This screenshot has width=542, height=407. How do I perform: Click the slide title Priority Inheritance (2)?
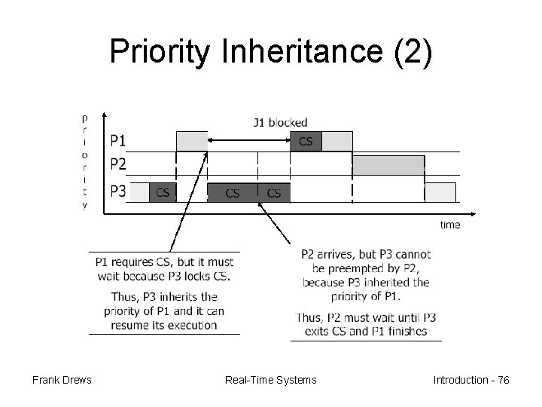(271, 52)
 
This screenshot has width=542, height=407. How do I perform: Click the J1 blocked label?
(280, 122)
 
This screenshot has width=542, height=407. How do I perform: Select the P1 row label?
(118, 141)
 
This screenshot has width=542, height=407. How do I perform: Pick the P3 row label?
(118, 191)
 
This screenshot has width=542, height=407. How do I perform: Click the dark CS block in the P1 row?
(306, 141)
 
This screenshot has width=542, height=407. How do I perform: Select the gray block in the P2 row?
(388, 165)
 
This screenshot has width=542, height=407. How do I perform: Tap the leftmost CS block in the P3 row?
(163, 192)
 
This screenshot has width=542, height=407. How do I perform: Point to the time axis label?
(449, 225)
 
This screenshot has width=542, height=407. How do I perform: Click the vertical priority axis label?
(84, 161)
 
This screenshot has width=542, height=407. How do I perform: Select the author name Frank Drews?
(62, 380)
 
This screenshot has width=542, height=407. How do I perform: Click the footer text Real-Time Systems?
(271, 380)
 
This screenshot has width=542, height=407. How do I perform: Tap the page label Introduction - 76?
(471, 380)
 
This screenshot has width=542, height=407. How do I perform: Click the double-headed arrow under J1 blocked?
(248, 140)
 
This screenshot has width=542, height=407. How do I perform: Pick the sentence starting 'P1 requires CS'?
(164, 268)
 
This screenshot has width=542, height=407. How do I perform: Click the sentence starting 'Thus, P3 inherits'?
(164, 311)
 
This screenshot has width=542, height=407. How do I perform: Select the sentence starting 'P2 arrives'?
(366, 275)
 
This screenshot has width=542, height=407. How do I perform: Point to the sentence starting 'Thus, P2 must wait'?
(366, 324)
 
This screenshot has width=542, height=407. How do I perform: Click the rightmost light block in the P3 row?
(441, 192)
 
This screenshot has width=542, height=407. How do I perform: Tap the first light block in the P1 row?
(191, 141)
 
